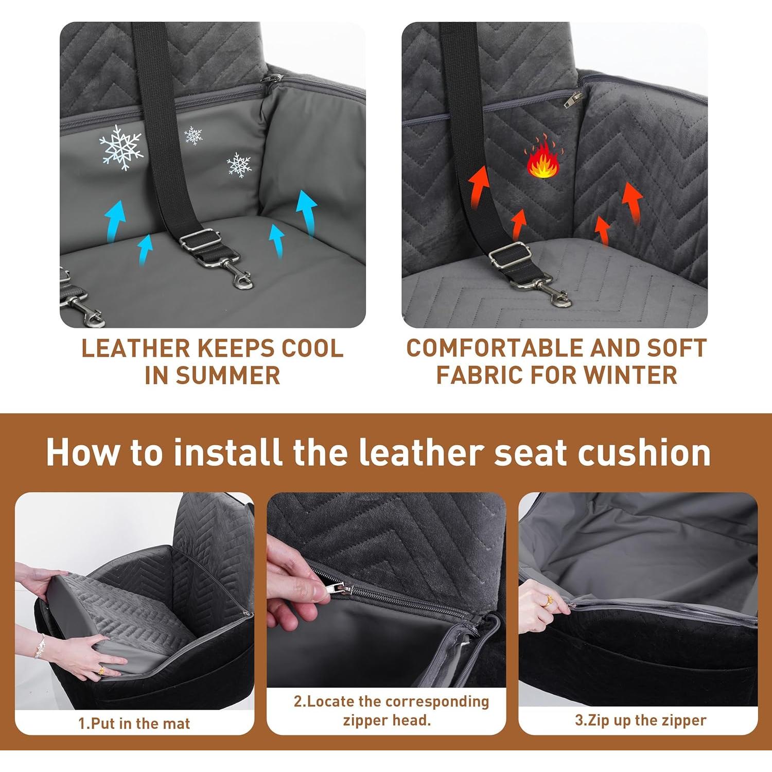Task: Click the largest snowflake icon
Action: click(120, 147)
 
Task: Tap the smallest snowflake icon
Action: click(194, 135)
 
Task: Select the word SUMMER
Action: click(227, 375)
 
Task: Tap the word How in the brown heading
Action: click(82, 453)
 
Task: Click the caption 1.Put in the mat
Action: click(134, 723)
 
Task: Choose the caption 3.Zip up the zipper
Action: click(640, 720)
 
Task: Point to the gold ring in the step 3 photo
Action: click(549, 600)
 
